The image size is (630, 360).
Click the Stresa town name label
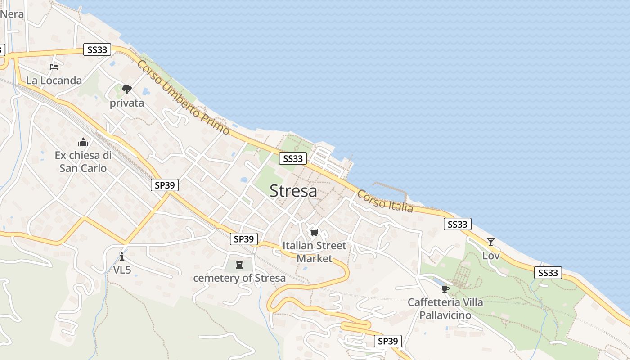pyautogui.click(x=293, y=191)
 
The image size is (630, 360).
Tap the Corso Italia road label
pyautogui.click(x=385, y=201)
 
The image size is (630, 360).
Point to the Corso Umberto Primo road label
pyautogui.click(x=184, y=98)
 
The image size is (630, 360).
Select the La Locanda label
pyautogui.click(x=54, y=81)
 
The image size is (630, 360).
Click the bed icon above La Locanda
pyautogui.click(x=54, y=67)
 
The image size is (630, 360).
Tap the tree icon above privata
pyautogui.click(x=127, y=90)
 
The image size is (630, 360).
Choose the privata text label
pyautogui.click(x=127, y=103)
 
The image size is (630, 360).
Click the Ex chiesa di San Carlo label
pyautogui.click(x=83, y=162)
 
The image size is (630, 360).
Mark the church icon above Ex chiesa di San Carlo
pyautogui.click(x=83, y=143)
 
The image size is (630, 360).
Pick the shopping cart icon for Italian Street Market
pyautogui.click(x=315, y=232)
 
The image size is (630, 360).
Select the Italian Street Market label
pyautogui.click(x=315, y=252)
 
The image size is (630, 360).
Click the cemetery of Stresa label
pyautogui.click(x=239, y=278)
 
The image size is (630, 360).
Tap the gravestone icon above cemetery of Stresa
pyautogui.click(x=239, y=265)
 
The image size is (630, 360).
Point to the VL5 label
pyautogui.click(x=122, y=270)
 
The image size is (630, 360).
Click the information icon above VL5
pyautogui.click(x=122, y=256)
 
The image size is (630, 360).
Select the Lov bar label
pyautogui.click(x=491, y=256)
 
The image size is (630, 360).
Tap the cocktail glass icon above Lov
pyautogui.click(x=491, y=242)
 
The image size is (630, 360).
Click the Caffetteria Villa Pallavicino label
pyautogui.click(x=445, y=308)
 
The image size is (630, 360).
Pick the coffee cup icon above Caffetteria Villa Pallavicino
pyautogui.click(x=445, y=289)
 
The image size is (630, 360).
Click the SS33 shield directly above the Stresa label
pyautogui.click(x=293, y=158)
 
